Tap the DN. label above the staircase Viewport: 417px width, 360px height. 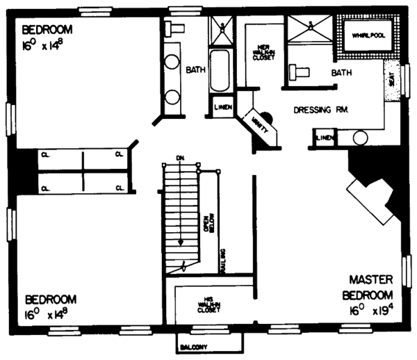pyautogui.click(x=179, y=157)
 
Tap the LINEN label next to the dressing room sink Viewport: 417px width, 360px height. pyautogui.click(x=325, y=138)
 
